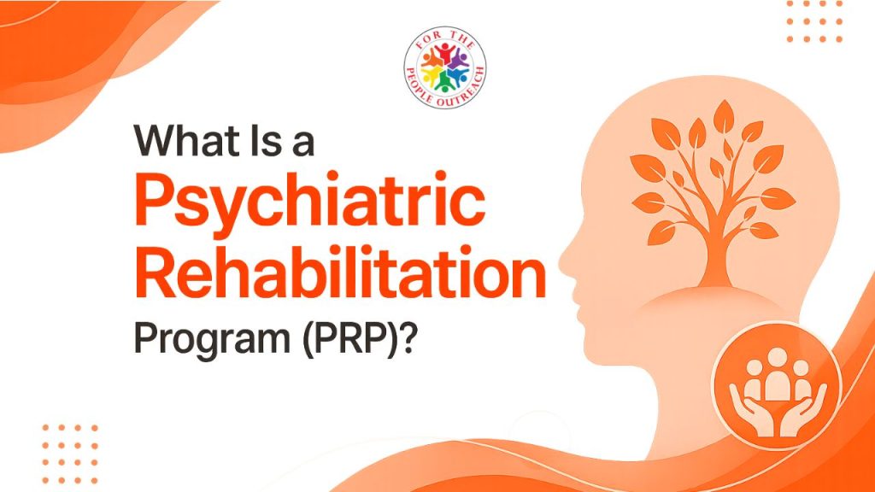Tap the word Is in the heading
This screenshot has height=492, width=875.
pyautogui.click(x=261, y=141)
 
